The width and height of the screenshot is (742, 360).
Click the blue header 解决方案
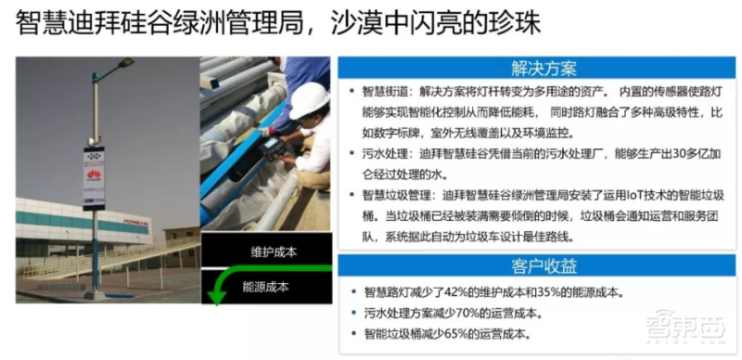(543, 69)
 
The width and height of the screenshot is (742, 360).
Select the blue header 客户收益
(543, 267)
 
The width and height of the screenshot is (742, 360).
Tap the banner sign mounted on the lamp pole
(95, 176)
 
